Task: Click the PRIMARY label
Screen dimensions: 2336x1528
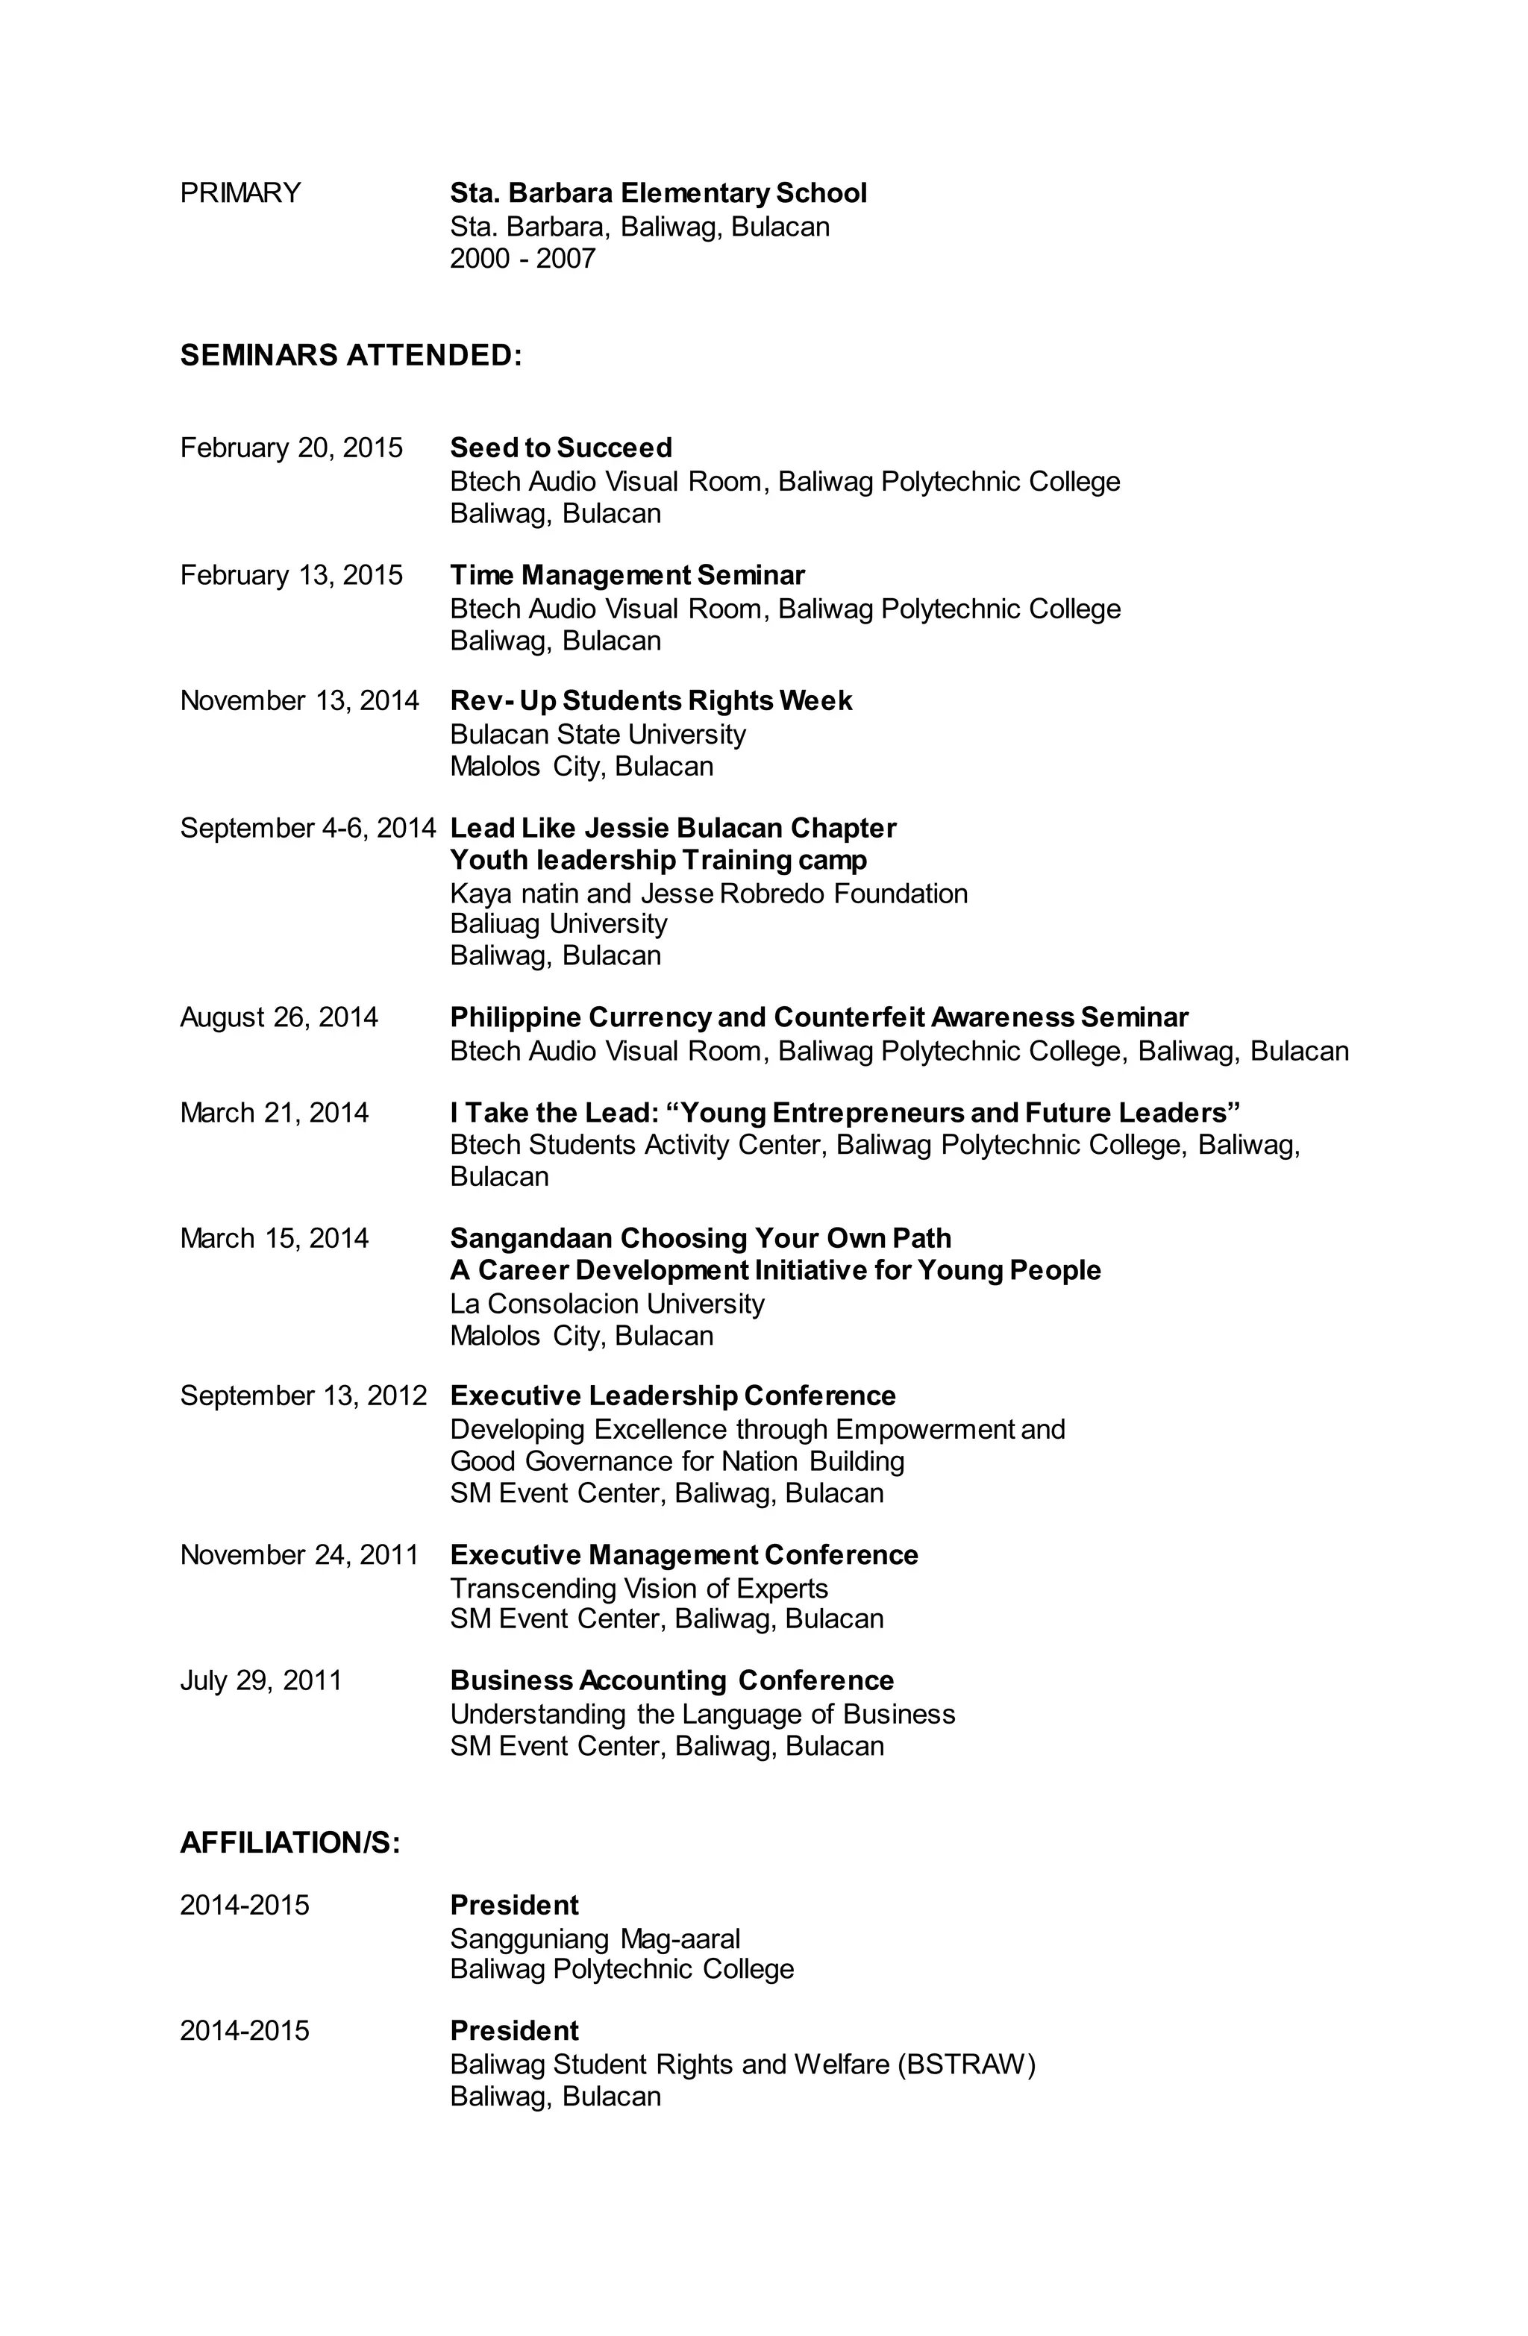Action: pyautogui.click(x=239, y=192)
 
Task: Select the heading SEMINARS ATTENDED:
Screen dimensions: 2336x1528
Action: pyautogui.click(x=351, y=354)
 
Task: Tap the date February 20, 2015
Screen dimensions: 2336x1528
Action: pyautogui.click(x=291, y=448)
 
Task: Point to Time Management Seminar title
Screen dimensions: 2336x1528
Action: pyautogui.click(x=627, y=575)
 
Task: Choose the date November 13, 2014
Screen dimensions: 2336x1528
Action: pyautogui.click(x=298, y=701)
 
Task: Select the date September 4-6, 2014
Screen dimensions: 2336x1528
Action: pyautogui.click(x=307, y=829)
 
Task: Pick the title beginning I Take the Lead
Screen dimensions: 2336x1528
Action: pyautogui.click(x=845, y=1112)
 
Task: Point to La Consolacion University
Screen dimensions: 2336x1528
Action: pyautogui.click(x=606, y=1304)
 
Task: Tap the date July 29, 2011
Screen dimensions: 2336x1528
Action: pyautogui.click(x=260, y=1680)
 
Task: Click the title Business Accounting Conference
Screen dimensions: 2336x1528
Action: pyautogui.click(x=671, y=1680)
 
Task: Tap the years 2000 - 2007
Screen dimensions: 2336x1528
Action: pyautogui.click(x=522, y=258)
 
